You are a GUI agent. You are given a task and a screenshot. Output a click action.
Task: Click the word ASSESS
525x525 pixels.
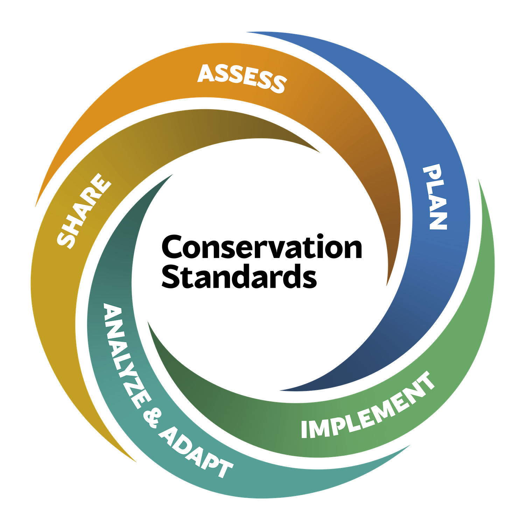242,78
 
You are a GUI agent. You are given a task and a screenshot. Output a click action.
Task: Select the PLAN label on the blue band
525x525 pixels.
435,197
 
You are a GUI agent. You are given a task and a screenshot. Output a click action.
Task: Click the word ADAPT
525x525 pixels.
196,451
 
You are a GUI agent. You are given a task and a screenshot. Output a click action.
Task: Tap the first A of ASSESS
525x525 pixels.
206,73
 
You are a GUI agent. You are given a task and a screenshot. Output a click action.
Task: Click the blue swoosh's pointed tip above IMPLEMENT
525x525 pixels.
282,390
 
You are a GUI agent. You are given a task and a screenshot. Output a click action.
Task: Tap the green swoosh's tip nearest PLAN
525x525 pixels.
478,180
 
